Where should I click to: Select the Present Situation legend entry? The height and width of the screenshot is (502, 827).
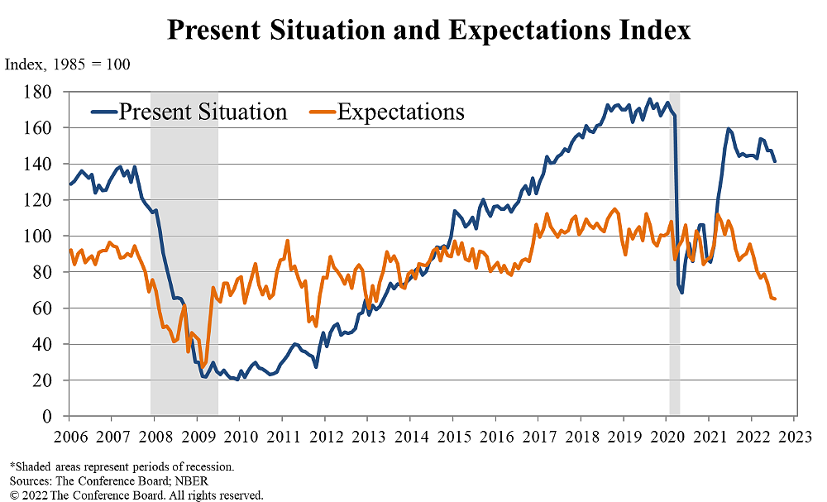(203, 112)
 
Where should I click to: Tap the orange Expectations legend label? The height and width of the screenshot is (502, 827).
(400, 112)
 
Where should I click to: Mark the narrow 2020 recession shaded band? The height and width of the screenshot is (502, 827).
(674, 248)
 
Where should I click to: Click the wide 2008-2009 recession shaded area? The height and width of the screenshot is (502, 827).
(184, 248)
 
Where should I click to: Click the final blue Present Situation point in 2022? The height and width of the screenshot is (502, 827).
(775, 161)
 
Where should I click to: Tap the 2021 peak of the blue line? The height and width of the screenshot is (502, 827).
(729, 129)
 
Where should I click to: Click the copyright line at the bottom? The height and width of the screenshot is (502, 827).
(136, 495)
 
